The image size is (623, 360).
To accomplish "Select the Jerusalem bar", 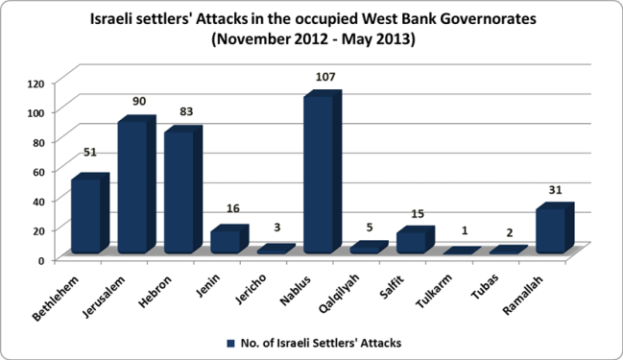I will (x=132, y=187).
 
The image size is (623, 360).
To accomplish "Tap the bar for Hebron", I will (x=179, y=192).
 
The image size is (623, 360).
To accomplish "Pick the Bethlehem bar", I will (x=85, y=216).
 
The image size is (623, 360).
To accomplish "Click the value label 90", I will (x=139, y=101).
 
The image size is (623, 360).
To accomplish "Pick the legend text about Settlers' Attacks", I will (x=316, y=342).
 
